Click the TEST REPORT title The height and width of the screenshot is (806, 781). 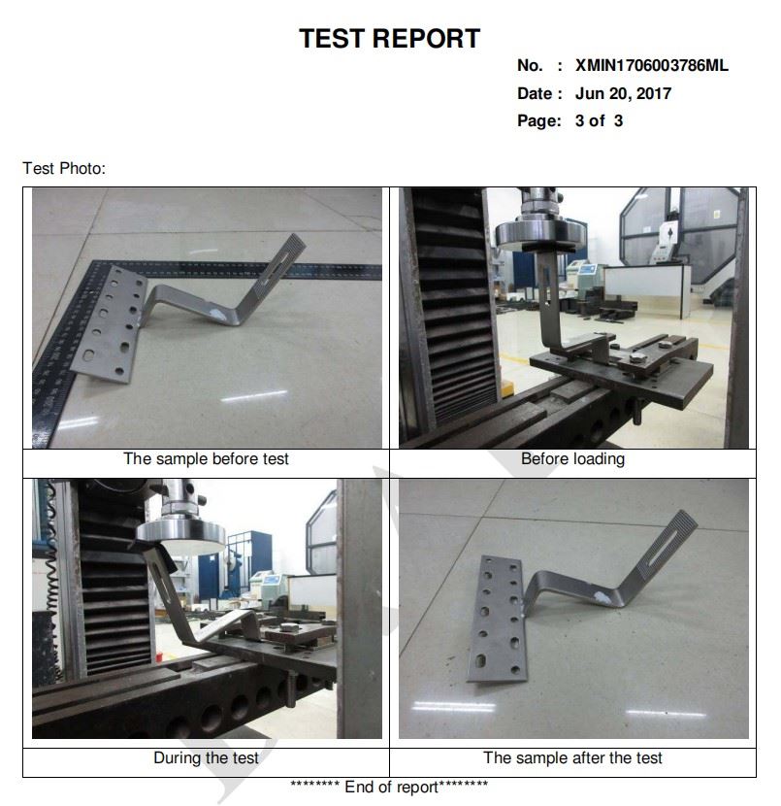point(389,39)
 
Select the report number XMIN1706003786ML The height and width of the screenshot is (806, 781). point(652,65)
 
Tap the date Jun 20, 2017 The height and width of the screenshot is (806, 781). point(623,93)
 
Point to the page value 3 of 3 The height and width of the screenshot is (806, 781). point(599,120)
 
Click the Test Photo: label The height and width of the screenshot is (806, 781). point(64,168)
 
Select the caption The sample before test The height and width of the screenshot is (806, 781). point(206,458)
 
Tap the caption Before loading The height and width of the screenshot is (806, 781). point(572,458)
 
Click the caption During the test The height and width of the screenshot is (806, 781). point(206,757)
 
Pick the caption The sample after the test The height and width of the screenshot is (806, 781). point(572,757)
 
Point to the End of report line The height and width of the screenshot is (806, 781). point(389,787)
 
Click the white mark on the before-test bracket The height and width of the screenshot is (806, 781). point(218,314)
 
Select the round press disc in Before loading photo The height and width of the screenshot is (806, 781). point(540,235)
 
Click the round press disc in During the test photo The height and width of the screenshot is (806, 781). point(181,538)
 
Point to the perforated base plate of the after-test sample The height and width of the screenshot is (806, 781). point(498,621)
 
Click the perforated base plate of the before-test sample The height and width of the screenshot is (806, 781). point(110,323)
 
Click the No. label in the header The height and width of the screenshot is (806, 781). point(530,65)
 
